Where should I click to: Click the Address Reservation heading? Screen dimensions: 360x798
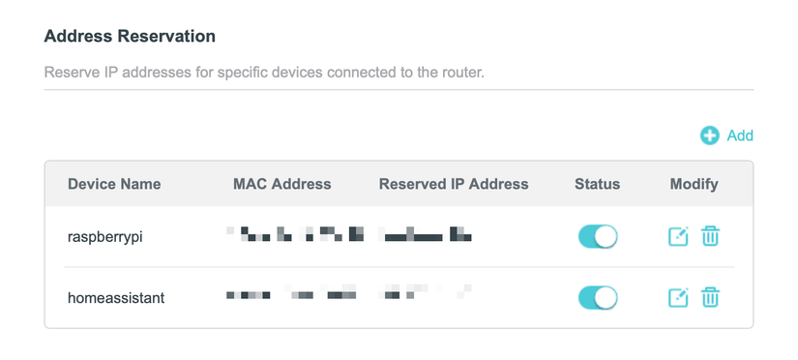[x=130, y=37]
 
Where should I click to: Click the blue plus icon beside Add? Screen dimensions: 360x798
[x=710, y=135]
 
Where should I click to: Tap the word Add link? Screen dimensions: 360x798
[x=740, y=135]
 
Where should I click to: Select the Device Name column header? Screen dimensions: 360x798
[x=114, y=184]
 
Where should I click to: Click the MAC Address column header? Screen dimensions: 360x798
[x=282, y=184]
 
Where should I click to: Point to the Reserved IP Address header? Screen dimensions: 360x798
[x=454, y=184]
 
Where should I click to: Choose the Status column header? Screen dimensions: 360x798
[x=597, y=184]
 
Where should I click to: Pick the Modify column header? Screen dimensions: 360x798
[x=694, y=184]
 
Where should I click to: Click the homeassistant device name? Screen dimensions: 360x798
[x=116, y=298]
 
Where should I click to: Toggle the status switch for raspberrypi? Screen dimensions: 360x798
[x=598, y=236]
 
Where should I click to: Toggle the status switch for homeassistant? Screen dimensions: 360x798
[x=598, y=297]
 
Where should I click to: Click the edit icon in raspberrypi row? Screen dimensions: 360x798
[x=678, y=236]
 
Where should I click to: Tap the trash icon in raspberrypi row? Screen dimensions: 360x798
[x=710, y=236]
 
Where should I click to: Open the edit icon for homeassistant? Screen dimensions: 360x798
[x=678, y=297]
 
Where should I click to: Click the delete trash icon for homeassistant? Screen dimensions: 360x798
[x=710, y=297]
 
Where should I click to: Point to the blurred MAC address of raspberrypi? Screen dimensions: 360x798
[x=294, y=235]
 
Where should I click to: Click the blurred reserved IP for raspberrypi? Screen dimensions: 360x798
[x=426, y=235]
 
